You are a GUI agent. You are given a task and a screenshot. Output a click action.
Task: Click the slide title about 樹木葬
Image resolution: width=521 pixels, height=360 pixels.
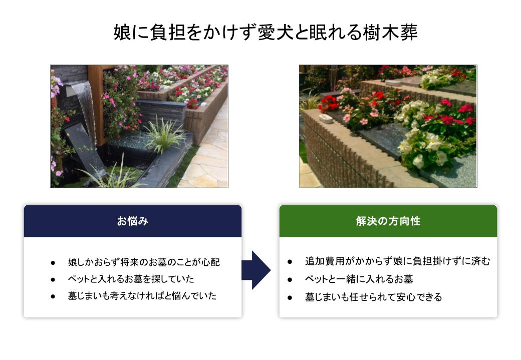pyautogui.click(x=266, y=32)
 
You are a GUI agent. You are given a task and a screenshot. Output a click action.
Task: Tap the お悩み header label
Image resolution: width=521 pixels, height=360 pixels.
pyautogui.click(x=133, y=221)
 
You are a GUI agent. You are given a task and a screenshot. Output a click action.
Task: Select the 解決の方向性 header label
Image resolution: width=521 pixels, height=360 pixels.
pyautogui.click(x=388, y=221)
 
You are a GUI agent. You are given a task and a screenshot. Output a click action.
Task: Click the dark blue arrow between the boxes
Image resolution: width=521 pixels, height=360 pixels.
pyautogui.click(x=256, y=270)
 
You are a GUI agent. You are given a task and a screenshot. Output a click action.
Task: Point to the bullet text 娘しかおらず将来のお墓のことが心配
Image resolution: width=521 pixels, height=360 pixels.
pyautogui.click(x=144, y=262)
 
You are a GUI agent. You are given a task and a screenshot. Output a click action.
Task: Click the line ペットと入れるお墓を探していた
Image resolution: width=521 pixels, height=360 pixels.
pyautogui.click(x=131, y=278)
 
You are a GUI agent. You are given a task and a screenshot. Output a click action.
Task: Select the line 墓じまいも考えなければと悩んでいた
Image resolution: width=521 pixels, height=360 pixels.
pyautogui.click(x=142, y=295)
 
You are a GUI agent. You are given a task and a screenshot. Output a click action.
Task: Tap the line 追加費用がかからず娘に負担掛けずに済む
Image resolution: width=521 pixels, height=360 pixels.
pyautogui.click(x=397, y=261)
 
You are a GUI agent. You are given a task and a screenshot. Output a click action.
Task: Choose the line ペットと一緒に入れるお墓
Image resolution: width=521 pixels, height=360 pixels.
pyautogui.click(x=359, y=279)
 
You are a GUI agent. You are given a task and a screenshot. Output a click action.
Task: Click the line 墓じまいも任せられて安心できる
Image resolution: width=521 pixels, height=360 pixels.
pyautogui.click(x=374, y=296)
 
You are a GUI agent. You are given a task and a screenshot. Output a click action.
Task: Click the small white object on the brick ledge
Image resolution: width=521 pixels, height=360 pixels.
pyautogui.click(x=325, y=118)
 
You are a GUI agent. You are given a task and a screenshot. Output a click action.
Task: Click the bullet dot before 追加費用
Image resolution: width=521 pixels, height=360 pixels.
pyautogui.click(x=290, y=262)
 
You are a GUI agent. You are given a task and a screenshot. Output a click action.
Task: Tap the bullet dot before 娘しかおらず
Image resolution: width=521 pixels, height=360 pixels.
pyautogui.click(x=53, y=263)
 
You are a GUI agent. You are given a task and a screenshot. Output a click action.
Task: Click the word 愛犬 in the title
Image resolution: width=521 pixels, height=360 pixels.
pyautogui.click(x=275, y=32)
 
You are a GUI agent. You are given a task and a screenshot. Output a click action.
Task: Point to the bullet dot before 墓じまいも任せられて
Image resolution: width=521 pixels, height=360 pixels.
pyautogui.click(x=290, y=297)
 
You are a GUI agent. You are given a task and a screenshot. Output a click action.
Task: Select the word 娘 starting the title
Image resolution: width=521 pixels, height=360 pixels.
pyautogui.click(x=122, y=32)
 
